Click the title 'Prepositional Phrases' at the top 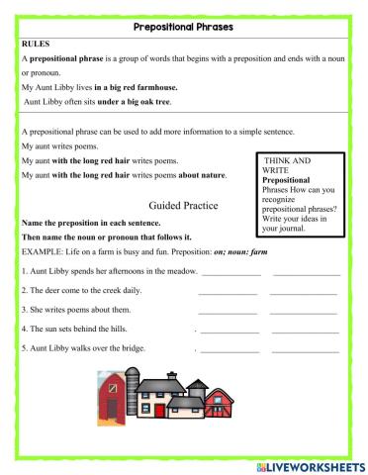(184, 27)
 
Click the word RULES (37, 44)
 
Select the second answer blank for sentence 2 (304, 291)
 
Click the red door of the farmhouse (115, 403)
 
